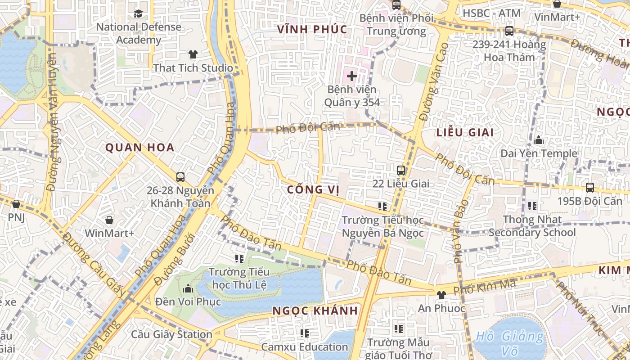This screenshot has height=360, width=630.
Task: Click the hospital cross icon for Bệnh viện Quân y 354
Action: pos(352,76)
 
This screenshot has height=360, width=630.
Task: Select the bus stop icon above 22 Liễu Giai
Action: pos(401,171)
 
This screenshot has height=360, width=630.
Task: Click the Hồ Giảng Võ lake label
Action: pos(510,343)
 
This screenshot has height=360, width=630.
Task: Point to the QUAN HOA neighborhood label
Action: pos(139,148)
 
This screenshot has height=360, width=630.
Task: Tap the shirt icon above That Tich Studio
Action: pos(193,54)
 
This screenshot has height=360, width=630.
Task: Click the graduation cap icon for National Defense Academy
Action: pos(138,13)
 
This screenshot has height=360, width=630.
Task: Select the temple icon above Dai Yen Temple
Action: pos(539,140)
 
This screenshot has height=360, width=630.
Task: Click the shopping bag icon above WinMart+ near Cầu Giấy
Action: pos(109,220)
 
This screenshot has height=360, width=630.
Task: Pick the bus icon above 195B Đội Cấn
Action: pos(589,187)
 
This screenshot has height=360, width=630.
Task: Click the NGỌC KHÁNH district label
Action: pos(315,310)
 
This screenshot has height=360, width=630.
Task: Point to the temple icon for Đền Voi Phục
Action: pos(188,288)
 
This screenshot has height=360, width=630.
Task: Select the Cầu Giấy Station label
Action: pos(171,334)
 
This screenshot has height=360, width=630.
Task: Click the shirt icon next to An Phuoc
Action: pos(441,295)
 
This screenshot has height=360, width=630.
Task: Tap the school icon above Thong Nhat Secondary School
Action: pos(532,206)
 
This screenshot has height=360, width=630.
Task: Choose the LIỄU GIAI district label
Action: pos(465,132)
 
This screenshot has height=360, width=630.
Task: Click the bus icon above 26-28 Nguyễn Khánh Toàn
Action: pos(180,177)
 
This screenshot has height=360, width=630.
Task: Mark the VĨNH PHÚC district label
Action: pos(312,30)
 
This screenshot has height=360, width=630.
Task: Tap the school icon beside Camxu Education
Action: pos(305,333)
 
